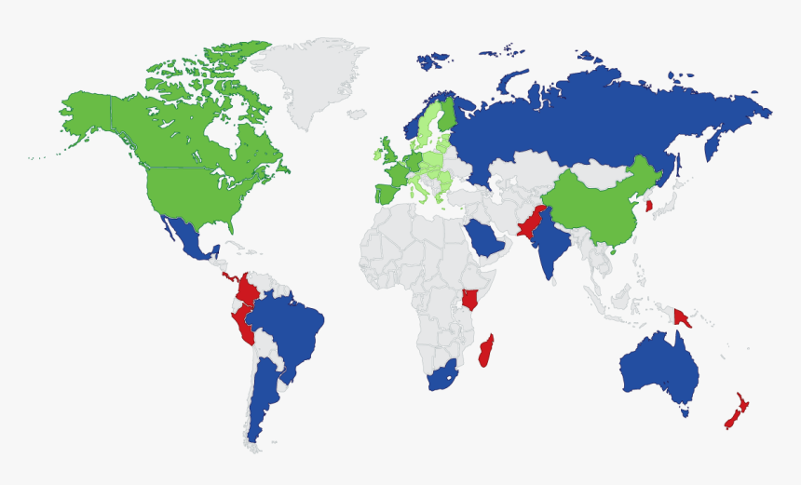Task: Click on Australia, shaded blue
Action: point(657,372)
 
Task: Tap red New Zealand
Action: point(736,411)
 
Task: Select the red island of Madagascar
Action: point(485,352)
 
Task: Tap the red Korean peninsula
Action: point(649,203)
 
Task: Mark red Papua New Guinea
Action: point(683,317)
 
